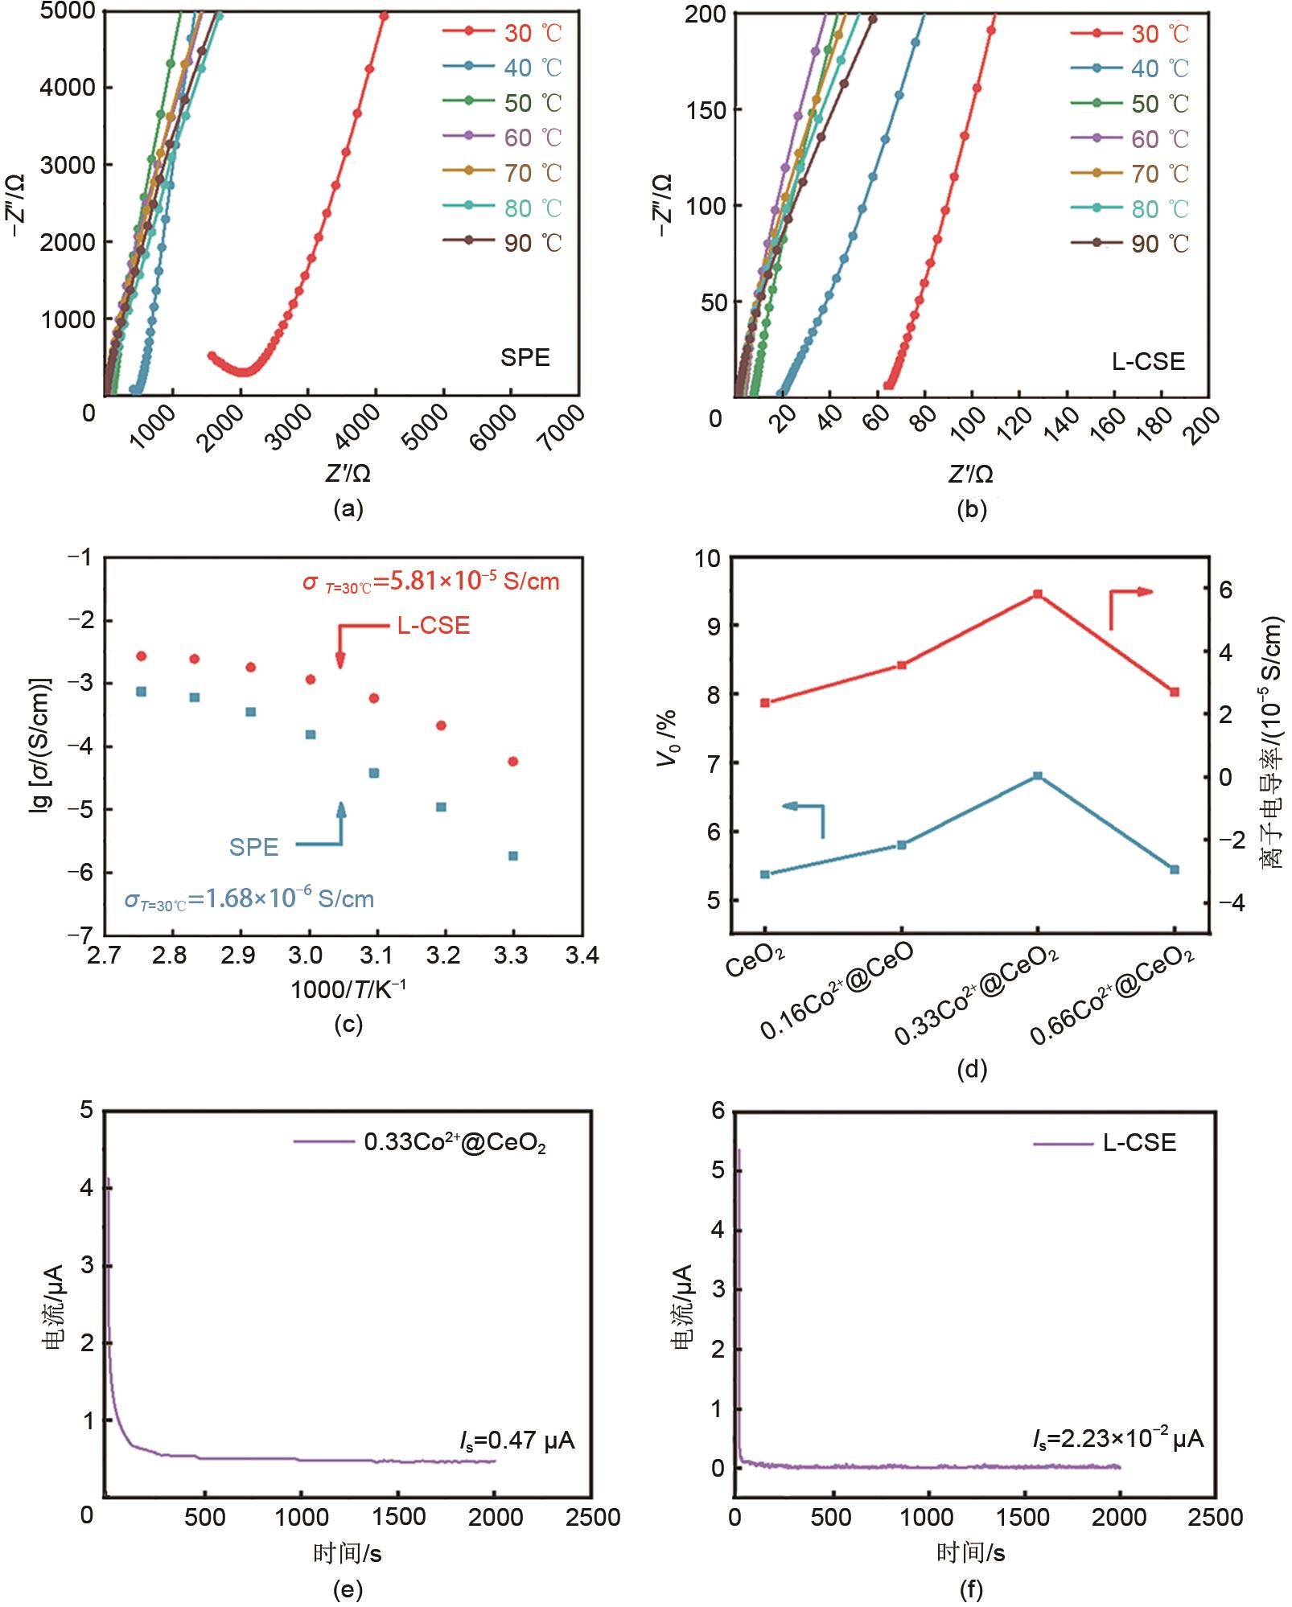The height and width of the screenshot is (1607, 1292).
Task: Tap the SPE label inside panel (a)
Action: tap(525, 357)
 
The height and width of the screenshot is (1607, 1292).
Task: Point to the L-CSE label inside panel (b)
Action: tap(1148, 361)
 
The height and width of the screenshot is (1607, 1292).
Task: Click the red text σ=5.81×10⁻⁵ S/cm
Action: tap(430, 582)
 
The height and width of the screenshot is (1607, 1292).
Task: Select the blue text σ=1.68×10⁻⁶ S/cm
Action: tap(249, 898)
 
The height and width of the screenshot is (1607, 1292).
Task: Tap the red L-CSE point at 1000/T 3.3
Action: tap(513, 761)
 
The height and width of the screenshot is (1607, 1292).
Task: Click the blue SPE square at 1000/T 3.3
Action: tap(513, 856)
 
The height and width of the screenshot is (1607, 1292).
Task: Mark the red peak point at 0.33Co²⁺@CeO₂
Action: tap(1038, 594)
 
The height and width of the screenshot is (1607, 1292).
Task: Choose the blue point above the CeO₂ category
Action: tap(765, 874)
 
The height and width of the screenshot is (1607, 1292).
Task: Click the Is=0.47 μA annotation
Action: tap(517, 1440)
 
